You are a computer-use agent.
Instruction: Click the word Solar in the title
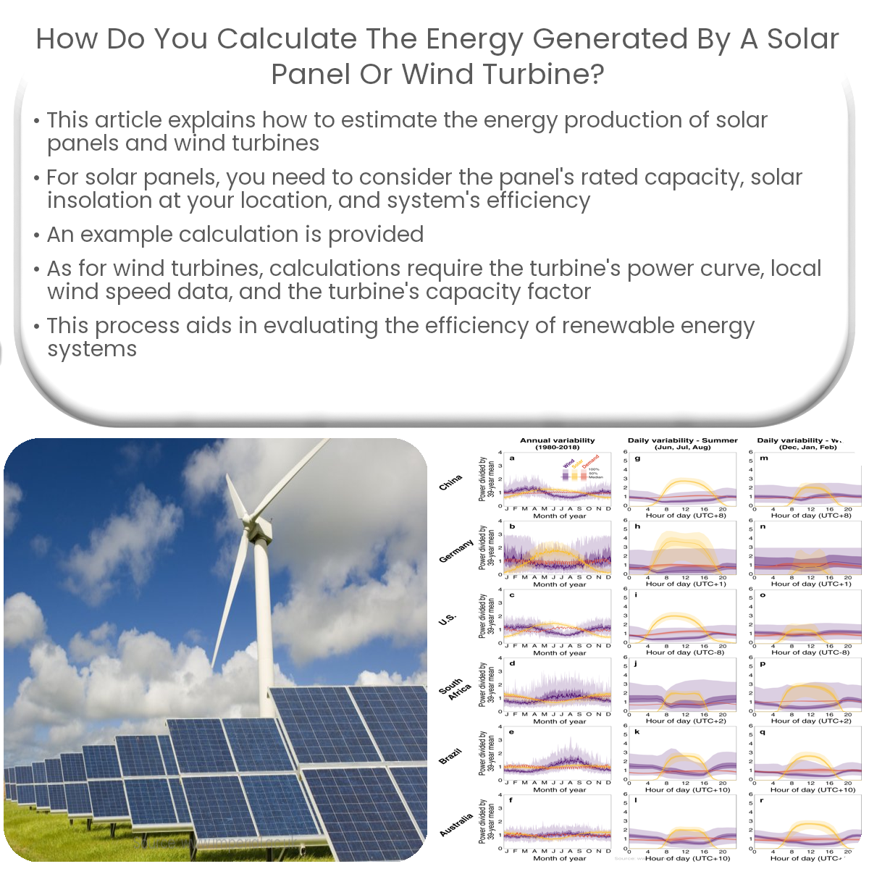(802, 38)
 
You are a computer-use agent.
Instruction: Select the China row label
(450, 482)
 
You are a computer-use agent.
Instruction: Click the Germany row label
(456, 551)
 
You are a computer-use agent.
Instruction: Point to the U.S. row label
(447, 619)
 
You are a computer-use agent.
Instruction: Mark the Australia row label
(456, 825)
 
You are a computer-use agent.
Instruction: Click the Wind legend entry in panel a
(568, 463)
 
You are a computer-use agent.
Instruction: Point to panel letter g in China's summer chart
(637, 458)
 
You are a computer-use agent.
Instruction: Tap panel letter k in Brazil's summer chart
(637, 732)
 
